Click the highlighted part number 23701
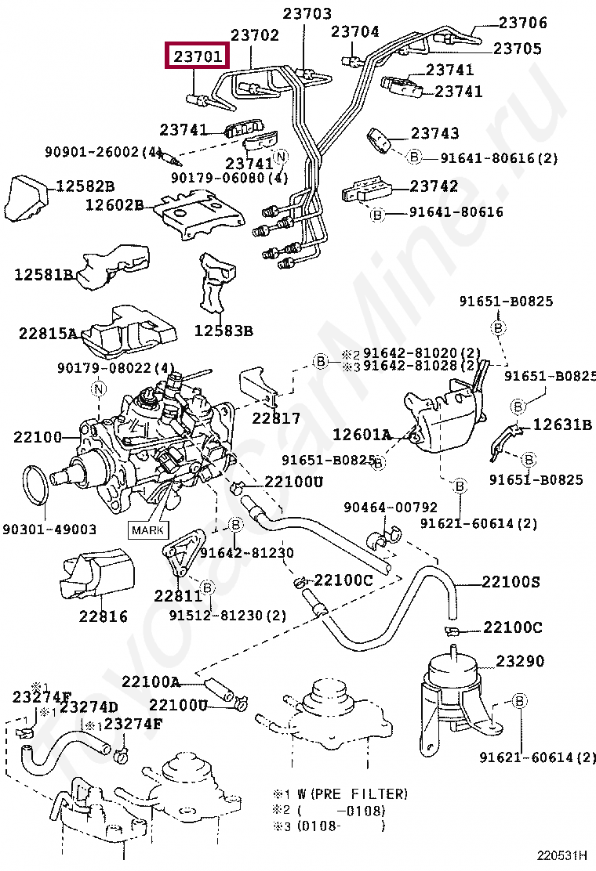click(198, 57)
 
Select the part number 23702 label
click(255, 35)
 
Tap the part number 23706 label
click(523, 23)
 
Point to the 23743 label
click(434, 134)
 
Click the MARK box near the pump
click(148, 530)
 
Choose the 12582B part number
click(85, 186)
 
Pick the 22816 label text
click(103, 616)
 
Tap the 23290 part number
click(519, 662)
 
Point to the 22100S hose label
click(511, 582)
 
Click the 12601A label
click(362, 434)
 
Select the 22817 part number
click(276, 418)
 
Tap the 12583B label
click(223, 331)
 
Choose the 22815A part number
click(49, 334)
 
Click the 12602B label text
click(114, 205)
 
